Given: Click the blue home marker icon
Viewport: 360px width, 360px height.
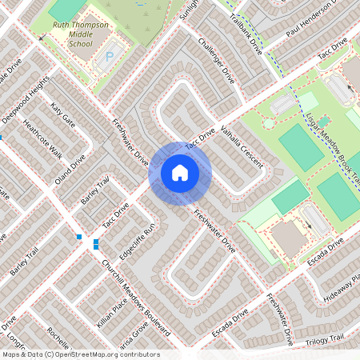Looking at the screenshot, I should tap(180, 173).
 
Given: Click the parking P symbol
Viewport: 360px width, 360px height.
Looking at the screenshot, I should tap(110, 58).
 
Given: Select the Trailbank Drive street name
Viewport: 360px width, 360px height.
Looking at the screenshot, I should tap(246, 32).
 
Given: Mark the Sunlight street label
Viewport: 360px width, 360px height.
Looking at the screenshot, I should tap(188, 11).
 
